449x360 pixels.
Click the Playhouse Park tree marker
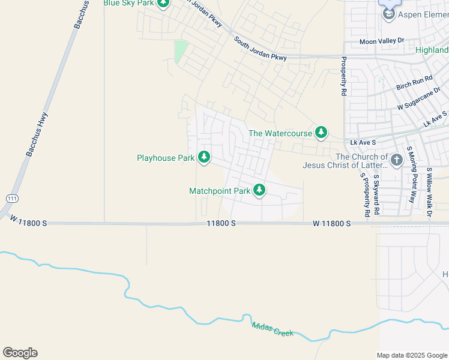(204, 157)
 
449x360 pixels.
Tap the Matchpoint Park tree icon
(259, 191)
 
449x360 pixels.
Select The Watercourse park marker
(321, 133)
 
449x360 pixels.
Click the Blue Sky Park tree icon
(163, 4)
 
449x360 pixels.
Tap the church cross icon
(396, 160)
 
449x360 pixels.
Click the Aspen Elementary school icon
(389, 13)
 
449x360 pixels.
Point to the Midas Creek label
(273, 329)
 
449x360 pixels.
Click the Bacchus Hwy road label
(40, 135)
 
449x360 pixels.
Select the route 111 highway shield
(12, 198)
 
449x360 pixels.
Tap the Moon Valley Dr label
(382, 41)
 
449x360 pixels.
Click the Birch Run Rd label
(414, 83)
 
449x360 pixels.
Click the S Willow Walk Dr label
(429, 191)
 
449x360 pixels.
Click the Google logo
(20, 353)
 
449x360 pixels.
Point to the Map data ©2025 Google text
(411, 355)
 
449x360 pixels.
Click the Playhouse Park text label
(165, 158)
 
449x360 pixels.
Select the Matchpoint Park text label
(220, 191)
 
